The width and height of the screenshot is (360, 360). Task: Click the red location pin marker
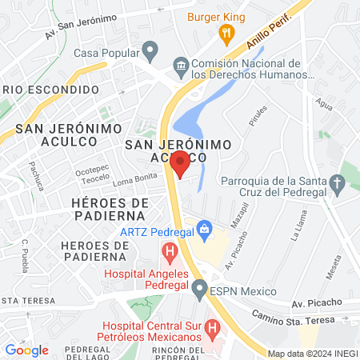click(181, 164)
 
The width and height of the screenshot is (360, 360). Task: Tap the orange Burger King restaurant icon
click(226, 34)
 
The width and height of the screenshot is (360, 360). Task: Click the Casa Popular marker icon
click(149, 50)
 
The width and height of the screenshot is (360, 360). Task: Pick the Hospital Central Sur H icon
click(212, 328)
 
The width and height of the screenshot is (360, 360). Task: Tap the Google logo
click(26, 350)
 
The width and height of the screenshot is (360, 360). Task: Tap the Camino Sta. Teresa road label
click(300, 318)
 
